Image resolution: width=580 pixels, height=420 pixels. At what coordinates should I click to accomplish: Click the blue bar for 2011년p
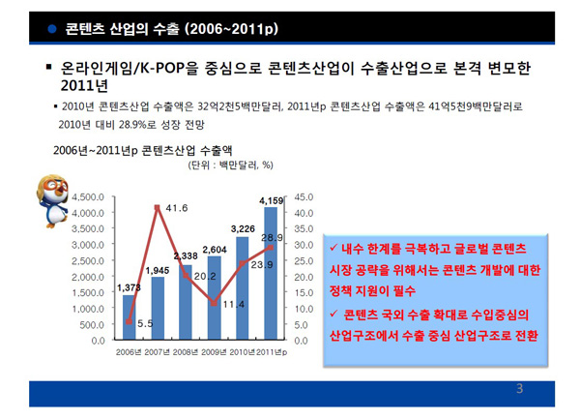pos(271,273)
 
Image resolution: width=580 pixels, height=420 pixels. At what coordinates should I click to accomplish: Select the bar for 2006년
pos(130,317)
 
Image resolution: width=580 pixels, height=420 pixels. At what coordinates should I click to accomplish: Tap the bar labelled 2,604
pos(215,298)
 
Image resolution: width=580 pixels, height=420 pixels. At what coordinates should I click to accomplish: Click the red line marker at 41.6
pos(157,208)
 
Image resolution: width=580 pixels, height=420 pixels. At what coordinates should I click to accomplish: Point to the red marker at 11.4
pos(214,303)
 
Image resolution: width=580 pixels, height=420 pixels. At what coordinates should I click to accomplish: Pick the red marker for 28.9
pos(271,248)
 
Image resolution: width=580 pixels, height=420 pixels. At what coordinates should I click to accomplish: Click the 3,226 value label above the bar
pos(243,229)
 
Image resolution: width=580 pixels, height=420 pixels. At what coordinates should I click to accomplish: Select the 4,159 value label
pos(271,200)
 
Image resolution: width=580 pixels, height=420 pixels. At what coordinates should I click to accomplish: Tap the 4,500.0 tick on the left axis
pos(88,197)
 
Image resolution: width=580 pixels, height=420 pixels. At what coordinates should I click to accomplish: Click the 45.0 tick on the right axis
pos(304,197)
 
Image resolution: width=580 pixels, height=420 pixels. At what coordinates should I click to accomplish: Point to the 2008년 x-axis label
pos(186,352)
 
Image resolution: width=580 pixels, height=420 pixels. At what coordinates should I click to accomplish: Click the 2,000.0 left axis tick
pos(88,277)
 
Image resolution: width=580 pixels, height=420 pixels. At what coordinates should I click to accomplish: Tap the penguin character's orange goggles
pos(54,185)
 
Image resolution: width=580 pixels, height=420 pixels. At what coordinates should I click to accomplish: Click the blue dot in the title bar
pos(52,28)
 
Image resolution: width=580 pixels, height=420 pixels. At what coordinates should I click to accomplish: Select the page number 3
pos(520,388)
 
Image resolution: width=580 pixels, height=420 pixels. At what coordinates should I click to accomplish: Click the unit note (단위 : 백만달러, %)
pos(230,165)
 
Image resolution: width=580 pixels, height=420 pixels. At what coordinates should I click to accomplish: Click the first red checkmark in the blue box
pos(333,247)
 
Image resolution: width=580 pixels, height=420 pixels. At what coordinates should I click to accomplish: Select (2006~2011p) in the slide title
pos(231,29)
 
